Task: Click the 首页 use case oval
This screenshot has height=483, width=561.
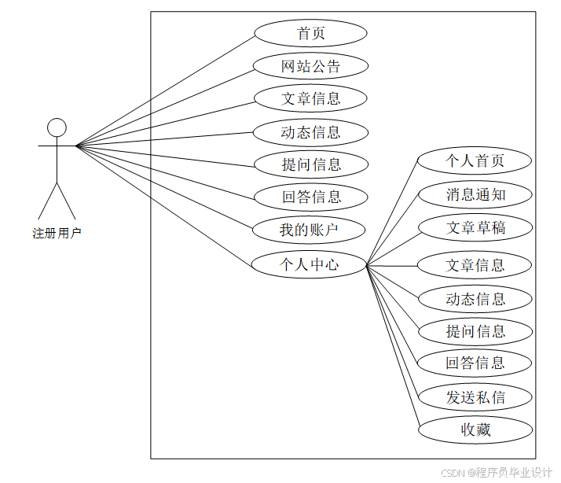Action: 310,33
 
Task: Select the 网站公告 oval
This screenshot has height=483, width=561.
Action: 310,66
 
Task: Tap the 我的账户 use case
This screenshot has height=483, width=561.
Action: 310,230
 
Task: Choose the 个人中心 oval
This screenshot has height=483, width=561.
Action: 310,264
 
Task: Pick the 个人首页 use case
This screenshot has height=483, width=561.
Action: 475,161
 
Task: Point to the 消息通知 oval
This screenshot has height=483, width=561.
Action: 475,194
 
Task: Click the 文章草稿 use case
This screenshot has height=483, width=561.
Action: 475,228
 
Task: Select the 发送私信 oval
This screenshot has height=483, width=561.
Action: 475,397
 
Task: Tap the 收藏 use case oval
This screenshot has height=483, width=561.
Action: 475,430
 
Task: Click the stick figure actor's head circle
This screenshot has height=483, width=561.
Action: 57,127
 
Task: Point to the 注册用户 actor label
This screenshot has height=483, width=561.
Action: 57,233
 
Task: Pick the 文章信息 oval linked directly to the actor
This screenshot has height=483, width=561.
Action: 310,98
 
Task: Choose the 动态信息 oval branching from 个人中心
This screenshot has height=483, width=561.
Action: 475,299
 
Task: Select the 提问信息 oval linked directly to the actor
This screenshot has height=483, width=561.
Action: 310,164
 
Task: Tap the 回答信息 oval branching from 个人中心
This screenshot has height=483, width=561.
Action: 475,363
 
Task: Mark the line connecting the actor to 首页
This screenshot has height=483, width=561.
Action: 165,90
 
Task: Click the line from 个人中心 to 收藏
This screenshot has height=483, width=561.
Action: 393,347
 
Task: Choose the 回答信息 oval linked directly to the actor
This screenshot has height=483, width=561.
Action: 310,197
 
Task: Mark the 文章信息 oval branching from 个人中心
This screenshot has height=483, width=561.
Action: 475,265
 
